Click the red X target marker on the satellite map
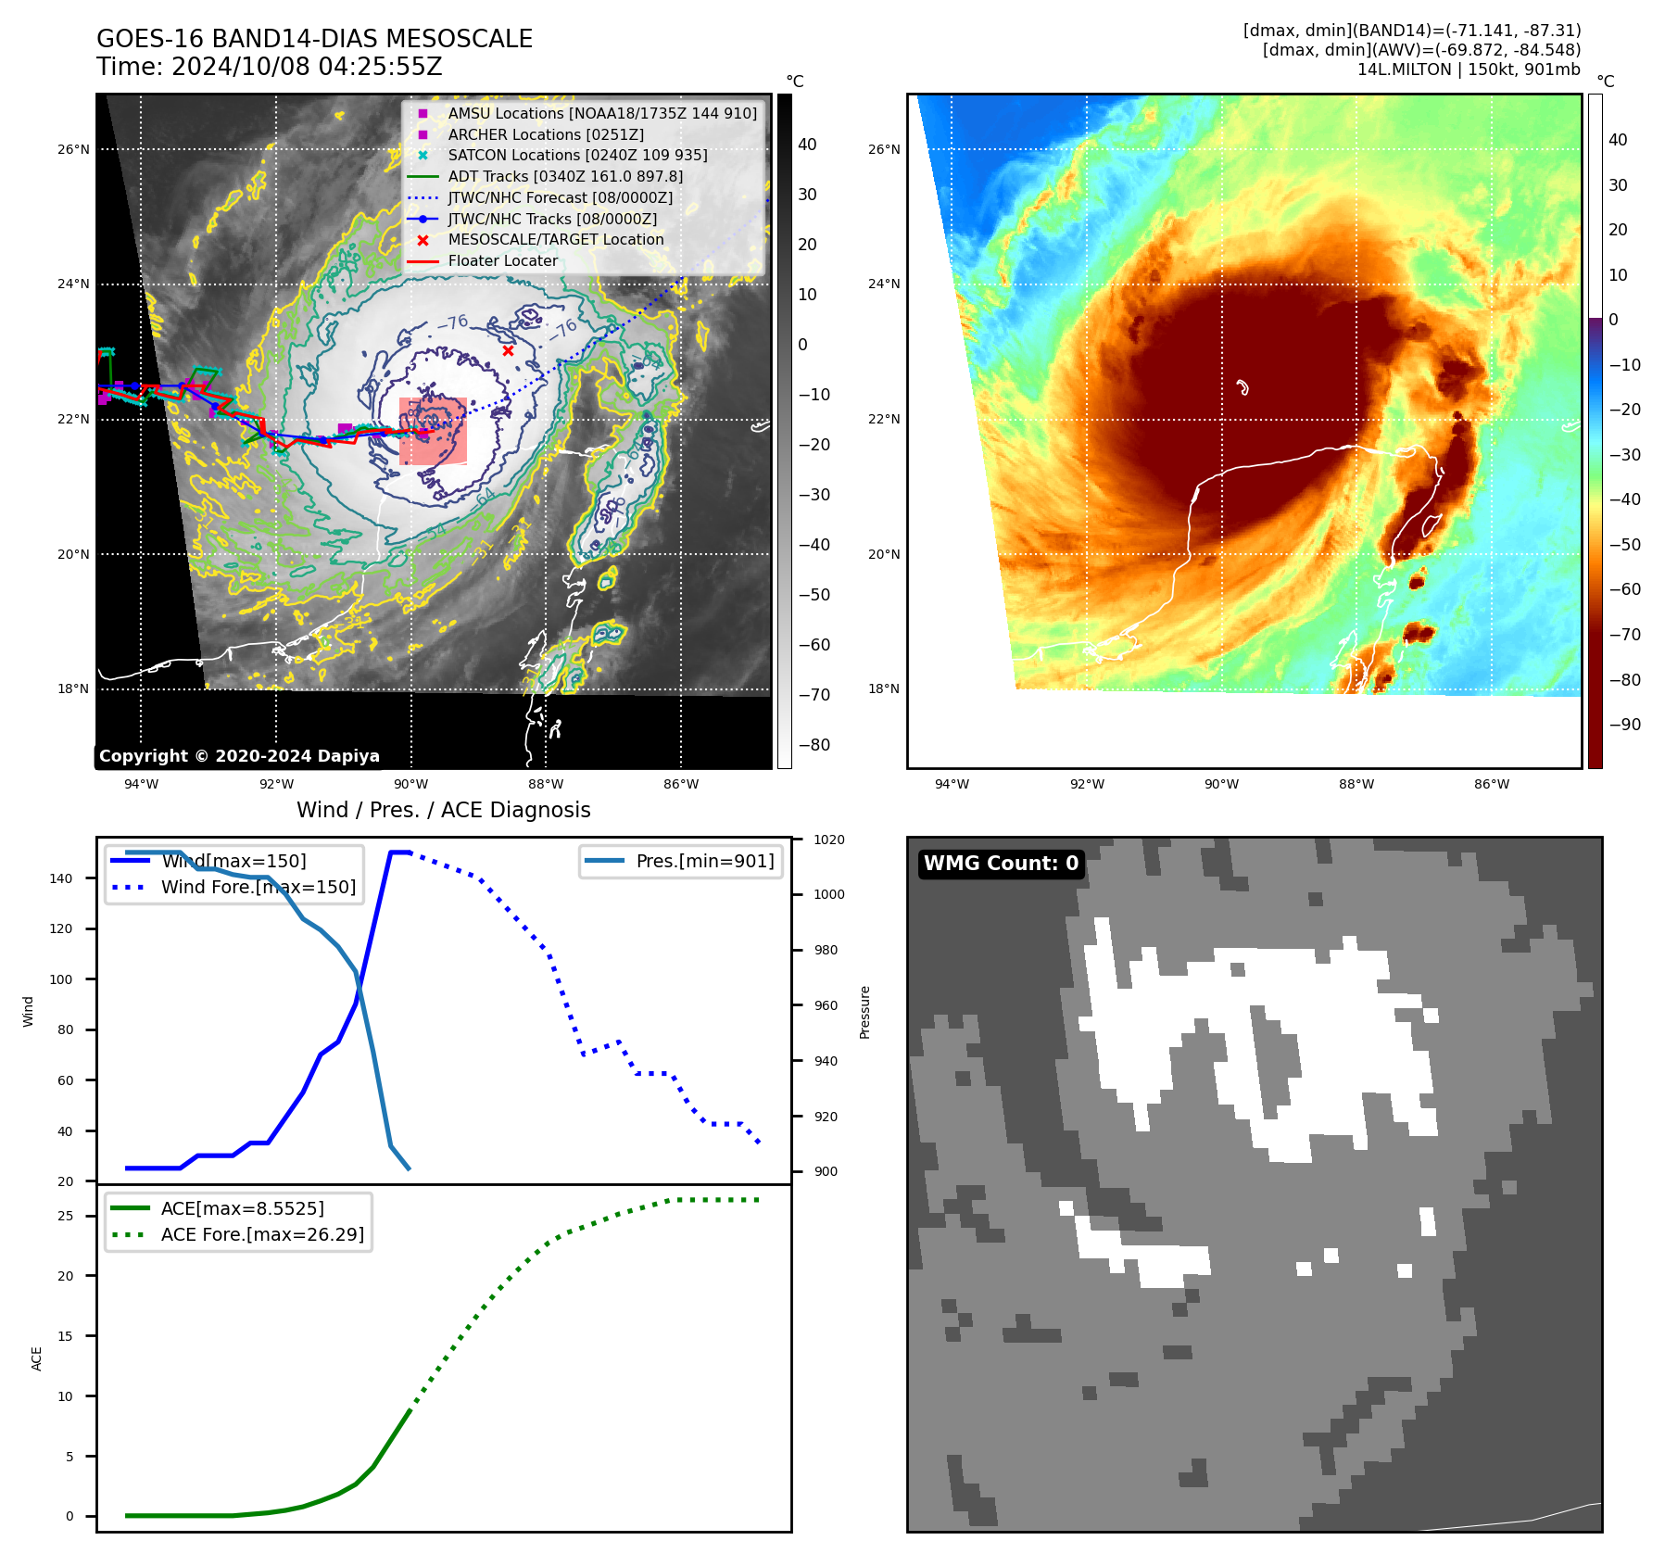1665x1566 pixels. (x=508, y=350)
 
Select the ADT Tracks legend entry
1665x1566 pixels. (x=565, y=176)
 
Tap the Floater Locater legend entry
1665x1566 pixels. (x=502, y=260)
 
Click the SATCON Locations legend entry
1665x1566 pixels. (x=577, y=155)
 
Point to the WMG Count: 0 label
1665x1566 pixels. (x=1001, y=864)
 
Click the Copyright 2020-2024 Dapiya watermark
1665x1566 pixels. (x=239, y=756)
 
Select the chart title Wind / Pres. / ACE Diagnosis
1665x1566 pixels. (x=443, y=810)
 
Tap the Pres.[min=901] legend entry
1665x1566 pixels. (x=704, y=861)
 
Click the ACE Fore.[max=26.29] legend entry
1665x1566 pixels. (x=262, y=1234)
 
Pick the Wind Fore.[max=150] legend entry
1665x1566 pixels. (x=258, y=887)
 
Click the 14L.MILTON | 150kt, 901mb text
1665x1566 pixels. (x=1469, y=69)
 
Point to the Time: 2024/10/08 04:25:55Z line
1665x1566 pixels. (x=270, y=68)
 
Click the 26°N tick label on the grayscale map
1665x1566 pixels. (x=74, y=149)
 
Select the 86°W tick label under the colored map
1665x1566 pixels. (x=1491, y=784)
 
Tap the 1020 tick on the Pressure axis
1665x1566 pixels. (x=828, y=840)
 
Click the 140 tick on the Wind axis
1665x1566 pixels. (x=61, y=878)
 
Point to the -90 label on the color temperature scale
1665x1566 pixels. (x=1624, y=725)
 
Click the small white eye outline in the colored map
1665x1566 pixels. (x=1242, y=386)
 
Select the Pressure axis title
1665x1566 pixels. (x=864, y=1012)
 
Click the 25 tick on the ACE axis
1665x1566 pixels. (x=65, y=1216)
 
